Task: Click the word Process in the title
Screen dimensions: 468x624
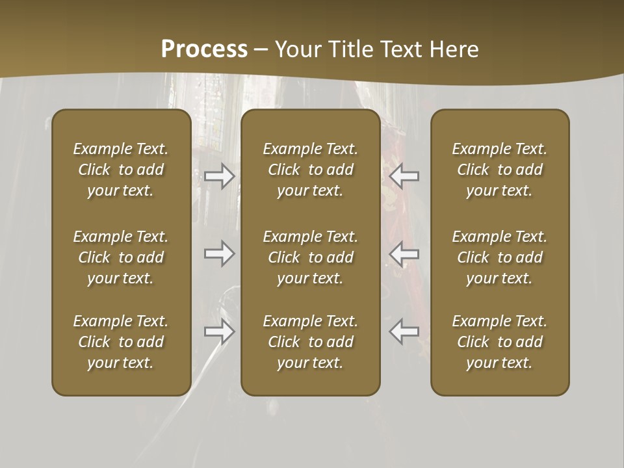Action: pos(204,49)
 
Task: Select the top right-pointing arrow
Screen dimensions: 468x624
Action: pos(220,176)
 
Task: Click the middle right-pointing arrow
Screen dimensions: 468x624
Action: pos(220,253)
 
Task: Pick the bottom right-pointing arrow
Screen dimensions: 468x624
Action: pos(220,331)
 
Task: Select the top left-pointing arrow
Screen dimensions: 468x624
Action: pos(404,176)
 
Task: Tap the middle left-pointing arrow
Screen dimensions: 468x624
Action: pos(404,253)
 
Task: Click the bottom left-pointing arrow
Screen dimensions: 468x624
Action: pos(404,331)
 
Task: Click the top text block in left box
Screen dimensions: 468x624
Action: pos(121,170)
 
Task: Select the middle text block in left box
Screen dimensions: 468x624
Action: pos(121,257)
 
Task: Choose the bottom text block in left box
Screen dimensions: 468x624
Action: pos(121,342)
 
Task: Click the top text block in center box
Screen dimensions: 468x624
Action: pos(310,170)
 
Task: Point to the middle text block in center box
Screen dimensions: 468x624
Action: pos(310,257)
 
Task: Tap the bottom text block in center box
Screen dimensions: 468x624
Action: pos(310,342)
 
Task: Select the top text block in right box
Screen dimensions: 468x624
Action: pos(499,170)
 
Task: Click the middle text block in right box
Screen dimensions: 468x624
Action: pos(499,257)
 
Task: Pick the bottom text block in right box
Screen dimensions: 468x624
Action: pos(499,342)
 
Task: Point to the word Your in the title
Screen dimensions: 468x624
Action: pos(297,49)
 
